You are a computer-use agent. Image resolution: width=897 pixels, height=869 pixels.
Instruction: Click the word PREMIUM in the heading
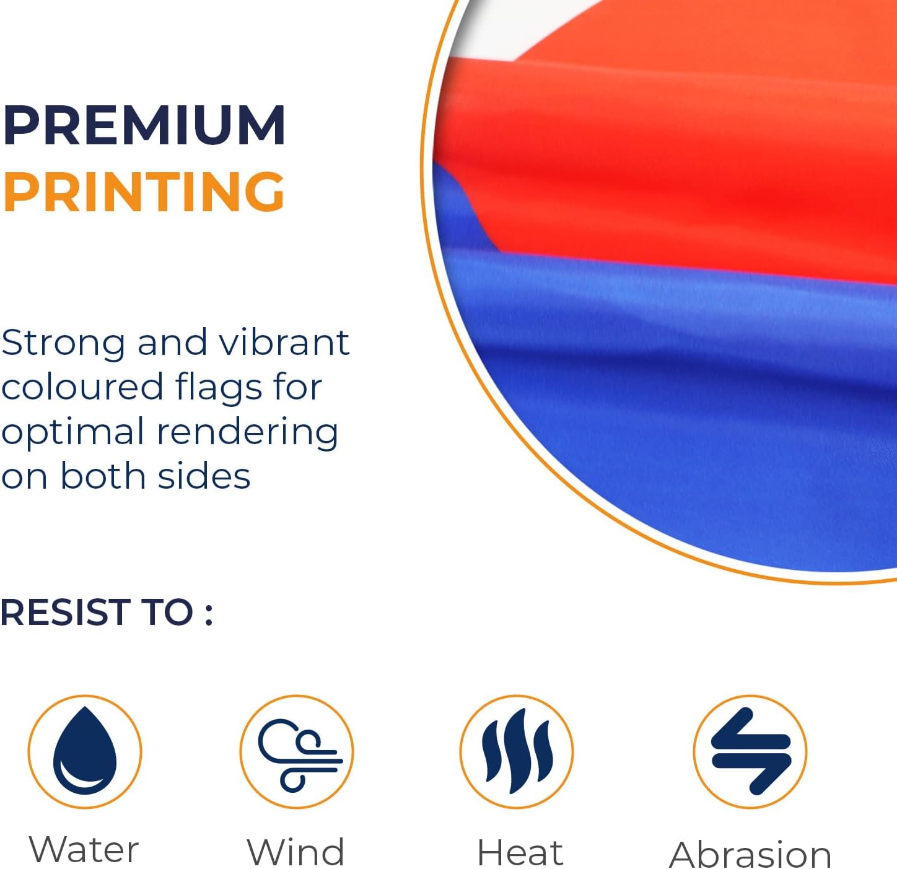click(x=144, y=125)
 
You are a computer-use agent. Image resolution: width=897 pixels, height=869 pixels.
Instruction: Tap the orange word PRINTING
click(x=144, y=191)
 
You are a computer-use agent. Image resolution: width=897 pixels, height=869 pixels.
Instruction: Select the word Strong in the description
click(x=63, y=344)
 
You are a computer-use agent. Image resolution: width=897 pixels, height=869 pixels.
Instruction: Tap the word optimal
click(x=73, y=433)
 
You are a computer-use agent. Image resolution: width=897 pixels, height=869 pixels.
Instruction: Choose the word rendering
click(x=248, y=433)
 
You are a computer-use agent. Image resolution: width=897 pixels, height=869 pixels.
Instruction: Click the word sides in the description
click(x=204, y=476)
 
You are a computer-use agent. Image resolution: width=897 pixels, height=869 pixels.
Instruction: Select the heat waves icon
click(x=517, y=751)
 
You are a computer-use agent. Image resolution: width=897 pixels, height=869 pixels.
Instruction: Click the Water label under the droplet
click(x=84, y=850)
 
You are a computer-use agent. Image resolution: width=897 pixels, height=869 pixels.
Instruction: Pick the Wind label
click(x=296, y=852)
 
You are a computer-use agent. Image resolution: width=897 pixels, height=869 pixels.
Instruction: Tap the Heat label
click(x=520, y=852)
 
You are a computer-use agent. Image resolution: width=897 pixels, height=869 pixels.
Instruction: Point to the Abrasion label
click(x=750, y=855)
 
